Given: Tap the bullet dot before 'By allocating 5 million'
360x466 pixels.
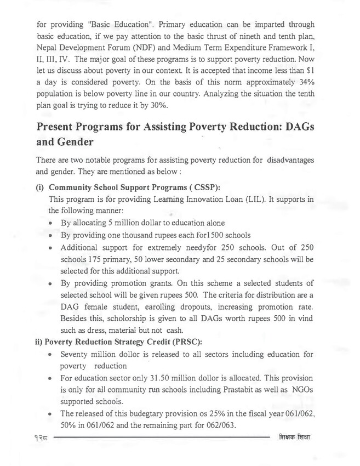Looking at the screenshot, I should (51, 223).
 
